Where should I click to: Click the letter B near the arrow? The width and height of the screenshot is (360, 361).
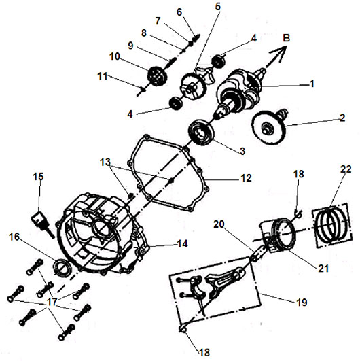(287, 38)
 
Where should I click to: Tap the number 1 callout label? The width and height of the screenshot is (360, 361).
(312, 84)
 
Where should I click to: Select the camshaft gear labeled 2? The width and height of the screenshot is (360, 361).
(269, 126)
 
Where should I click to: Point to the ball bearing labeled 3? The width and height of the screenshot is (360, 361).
(201, 133)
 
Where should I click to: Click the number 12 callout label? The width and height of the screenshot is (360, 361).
(246, 178)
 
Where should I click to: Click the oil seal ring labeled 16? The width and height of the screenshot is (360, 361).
(61, 267)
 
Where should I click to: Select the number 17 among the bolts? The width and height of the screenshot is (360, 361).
(52, 302)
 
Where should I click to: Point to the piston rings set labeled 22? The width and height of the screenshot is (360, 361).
(332, 224)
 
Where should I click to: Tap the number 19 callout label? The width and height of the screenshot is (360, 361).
(302, 302)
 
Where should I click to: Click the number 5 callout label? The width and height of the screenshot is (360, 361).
(218, 6)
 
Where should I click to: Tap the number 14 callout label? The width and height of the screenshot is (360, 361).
(183, 244)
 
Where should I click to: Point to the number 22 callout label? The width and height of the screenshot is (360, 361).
(346, 169)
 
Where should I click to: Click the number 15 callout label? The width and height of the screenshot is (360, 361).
(38, 177)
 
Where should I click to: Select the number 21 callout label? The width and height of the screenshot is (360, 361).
(323, 269)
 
